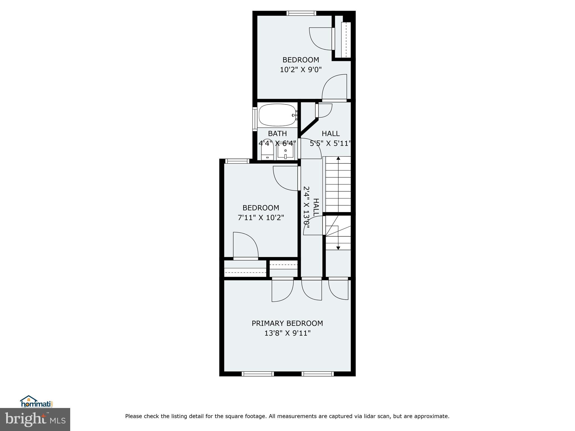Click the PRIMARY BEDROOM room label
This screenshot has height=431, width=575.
287,323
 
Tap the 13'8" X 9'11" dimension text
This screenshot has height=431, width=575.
287,333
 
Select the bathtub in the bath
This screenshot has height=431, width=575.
277,115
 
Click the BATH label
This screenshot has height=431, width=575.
277,134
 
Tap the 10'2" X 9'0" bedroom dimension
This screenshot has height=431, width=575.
300,70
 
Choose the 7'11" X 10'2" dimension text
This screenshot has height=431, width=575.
261,217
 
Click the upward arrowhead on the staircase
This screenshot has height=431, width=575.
338,159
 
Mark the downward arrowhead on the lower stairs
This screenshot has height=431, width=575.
338,248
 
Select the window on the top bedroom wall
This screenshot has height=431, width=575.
301,13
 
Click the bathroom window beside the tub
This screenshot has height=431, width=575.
255,119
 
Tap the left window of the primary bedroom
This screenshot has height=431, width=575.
257,374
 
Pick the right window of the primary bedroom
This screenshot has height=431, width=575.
318,374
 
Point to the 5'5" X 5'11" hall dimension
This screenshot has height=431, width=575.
330,144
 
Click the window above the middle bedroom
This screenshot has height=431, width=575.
237,161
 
